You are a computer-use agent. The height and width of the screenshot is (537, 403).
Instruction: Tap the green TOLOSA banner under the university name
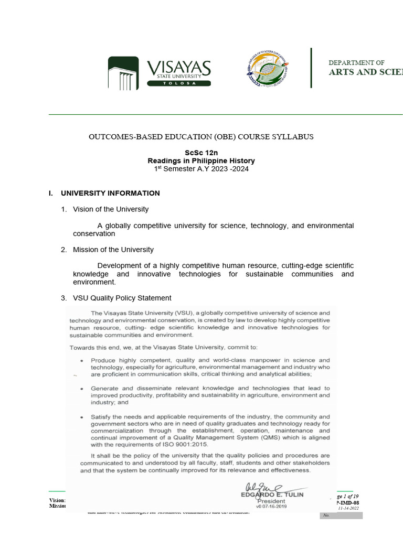click(178, 83)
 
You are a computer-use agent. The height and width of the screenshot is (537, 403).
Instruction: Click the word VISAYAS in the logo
click(178, 68)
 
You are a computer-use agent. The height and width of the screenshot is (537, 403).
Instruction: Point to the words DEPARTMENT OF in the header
click(356, 63)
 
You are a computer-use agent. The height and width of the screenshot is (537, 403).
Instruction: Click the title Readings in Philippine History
click(201, 160)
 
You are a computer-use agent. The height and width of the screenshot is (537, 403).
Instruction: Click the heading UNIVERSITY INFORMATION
click(110, 193)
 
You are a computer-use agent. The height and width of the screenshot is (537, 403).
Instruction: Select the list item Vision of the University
click(111, 209)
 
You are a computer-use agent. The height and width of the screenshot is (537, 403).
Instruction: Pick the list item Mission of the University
click(113, 250)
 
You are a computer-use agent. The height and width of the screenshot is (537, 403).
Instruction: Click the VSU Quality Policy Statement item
click(122, 298)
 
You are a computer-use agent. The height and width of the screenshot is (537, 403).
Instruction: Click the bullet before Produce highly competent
click(81, 361)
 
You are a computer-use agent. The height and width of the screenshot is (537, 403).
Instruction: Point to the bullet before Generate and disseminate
click(81, 389)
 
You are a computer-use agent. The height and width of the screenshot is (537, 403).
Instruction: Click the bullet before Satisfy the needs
click(81, 417)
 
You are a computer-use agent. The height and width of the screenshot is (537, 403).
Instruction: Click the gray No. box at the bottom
click(341, 515)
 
